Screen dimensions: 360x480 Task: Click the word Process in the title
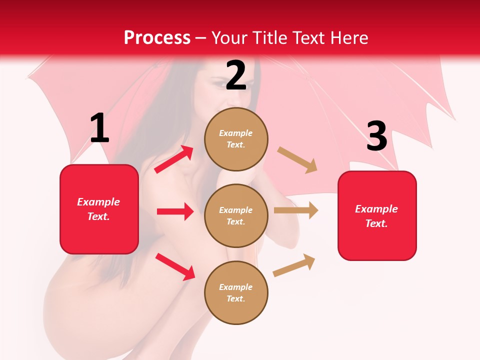pyautogui.click(x=157, y=38)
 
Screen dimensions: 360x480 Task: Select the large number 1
pyautogui.click(x=99, y=128)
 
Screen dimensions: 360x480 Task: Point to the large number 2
pyautogui.click(x=236, y=75)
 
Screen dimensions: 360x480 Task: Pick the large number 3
pyautogui.click(x=376, y=136)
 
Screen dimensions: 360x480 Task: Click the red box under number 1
pyautogui.click(x=99, y=209)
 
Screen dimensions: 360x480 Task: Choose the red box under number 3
pyautogui.click(x=377, y=215)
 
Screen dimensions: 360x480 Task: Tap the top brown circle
pyautogui.click(x=236, y=139)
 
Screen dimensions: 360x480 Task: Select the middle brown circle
pyautogui.click(x=236, y=215)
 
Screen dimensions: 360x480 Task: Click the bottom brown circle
pyautogui.click(x=236, y=292)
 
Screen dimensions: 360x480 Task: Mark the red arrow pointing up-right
pyautogui.click(x=174, y=159)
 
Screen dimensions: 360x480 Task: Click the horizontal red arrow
pyautogui.click(x=175, y=211)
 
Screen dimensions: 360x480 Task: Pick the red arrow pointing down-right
pyautogui.click(x=175, y=266)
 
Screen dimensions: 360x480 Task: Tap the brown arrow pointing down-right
pyautogui.click(x=297, y=160)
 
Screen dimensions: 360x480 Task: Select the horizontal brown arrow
pyautogui.click(x=296, y=210)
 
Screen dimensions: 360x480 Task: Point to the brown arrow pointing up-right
pyautogui.click(x=294, y=265)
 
